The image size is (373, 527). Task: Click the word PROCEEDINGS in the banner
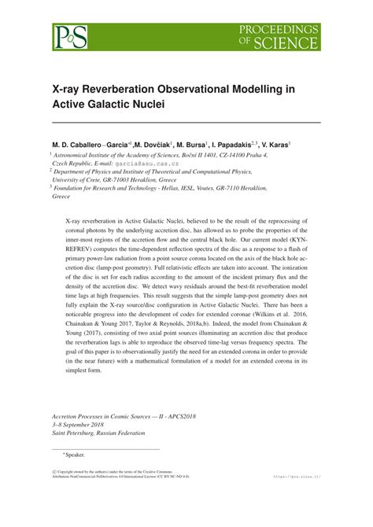pyautogui.click(x=285, y=29)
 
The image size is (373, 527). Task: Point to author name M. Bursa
pyautogui.click(x=215, y=145)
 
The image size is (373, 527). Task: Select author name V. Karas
pyautogui.click(x=304, y=145)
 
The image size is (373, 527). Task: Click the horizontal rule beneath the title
pyautogui.click(x=186, y=123)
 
